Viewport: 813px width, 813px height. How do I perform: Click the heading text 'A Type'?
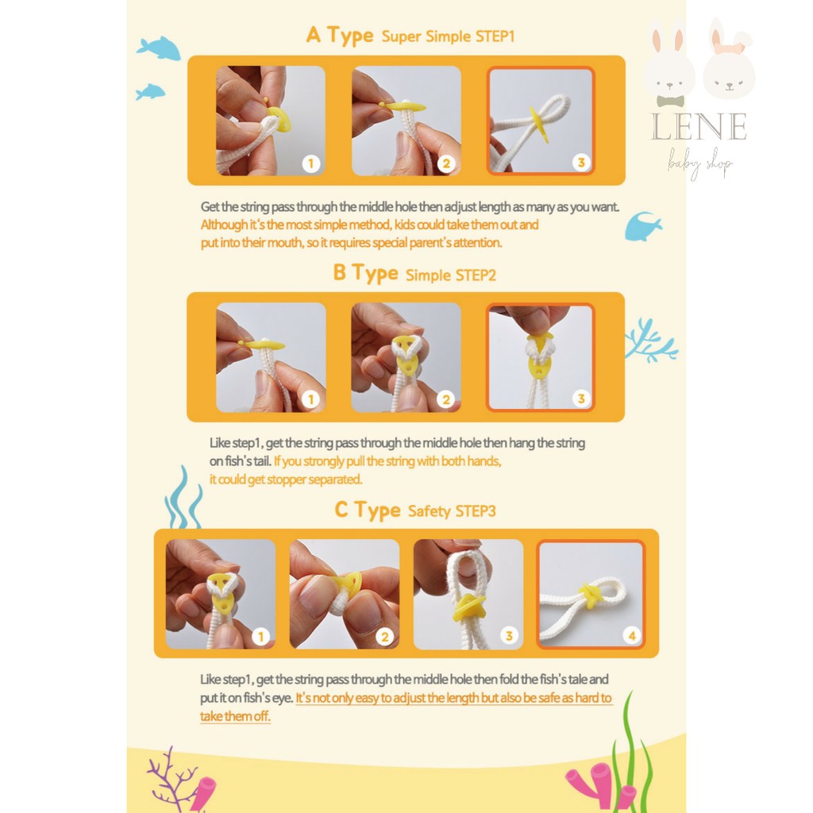(340, 35)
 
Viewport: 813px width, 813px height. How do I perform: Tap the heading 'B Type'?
(365, 273)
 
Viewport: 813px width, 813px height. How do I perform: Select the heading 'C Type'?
(368, 511)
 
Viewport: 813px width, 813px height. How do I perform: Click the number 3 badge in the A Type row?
(581, 162)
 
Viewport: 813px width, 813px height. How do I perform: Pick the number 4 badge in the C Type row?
(631, 635)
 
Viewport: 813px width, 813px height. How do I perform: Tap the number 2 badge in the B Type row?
(446, 399)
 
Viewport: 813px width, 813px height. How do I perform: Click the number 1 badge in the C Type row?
(260, 636)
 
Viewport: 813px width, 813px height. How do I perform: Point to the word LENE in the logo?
(699, 126)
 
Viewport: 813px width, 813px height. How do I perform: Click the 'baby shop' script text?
(699, 163)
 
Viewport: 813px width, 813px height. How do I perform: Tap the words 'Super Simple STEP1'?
(448, 37)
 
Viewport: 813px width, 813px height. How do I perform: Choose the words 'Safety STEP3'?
(452, 511)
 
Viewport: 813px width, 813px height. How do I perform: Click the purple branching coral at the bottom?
(174, 778)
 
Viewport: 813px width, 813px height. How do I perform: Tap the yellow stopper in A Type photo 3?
(538, 125)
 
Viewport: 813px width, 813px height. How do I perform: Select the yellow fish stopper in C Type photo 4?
(590, 596)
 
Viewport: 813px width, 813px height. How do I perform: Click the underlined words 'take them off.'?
(235, 717)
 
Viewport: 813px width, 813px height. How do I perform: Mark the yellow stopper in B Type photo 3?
(537, 359)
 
